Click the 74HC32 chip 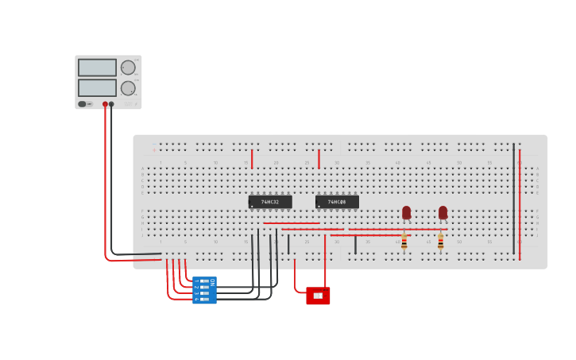coord(270,202)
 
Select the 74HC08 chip coord(337,202)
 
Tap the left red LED coord(406,212)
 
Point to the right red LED coord(443,212)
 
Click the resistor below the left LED coord(404,241)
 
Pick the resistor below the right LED coord(440,241)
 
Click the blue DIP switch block coord(204,290)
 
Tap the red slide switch coord(318,296)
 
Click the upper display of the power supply coord(97,68)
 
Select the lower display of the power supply coord(97,87)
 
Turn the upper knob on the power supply coord(128,68)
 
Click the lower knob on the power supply coord(128,87)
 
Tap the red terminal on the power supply coord(105,104)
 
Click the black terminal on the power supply coord(111,104)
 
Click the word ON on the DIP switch coord(212,282)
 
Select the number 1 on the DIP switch coord(196,281)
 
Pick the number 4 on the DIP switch coord(196,299)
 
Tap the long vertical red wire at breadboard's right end coord(520,203)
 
